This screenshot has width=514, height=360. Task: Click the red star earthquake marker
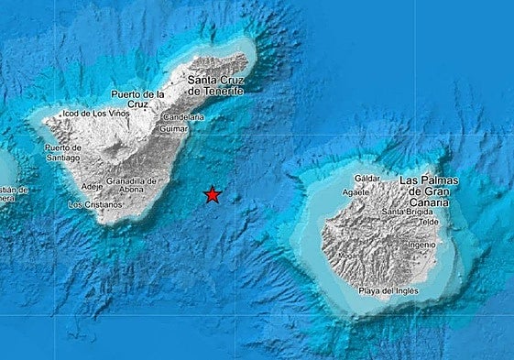tap(212, 194)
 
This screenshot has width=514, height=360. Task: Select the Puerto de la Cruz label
tap(137, 99)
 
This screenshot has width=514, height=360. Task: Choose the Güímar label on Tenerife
tap(175, 129)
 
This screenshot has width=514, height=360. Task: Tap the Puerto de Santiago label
tap(62, 152)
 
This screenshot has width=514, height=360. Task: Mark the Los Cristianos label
tap(95, 204)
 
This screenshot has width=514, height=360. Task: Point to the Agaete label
tap(356, 192)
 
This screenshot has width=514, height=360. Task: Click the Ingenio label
tap(421, 245)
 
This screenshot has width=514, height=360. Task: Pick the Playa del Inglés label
tap(388, 291)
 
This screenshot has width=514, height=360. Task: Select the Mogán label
tap(347, 255)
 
